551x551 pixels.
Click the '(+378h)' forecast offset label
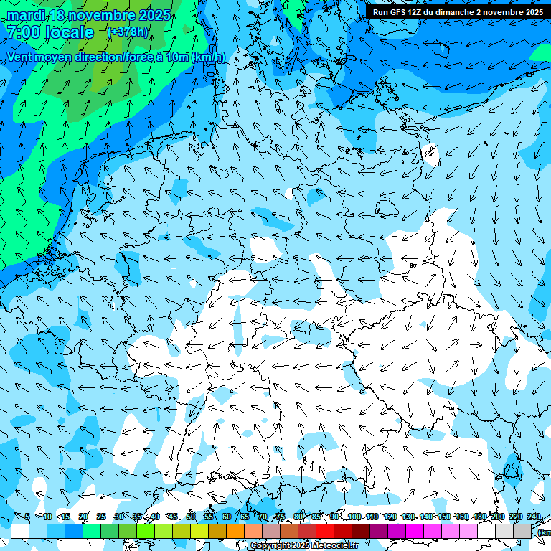pyautogui.click(x=128, y=32)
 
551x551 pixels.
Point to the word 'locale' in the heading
pyautogui.click(x=69, y=32)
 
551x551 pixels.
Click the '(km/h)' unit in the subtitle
pyautogui.click(x=208, y=57)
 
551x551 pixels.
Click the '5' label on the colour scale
pyautogui.click(x=27, y=517)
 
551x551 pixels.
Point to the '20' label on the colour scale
pyautogui.click(x=83, y=517)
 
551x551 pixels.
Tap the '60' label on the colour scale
pyautogui.click(x=227, y=517)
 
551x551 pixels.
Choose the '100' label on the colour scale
pyautogui.click(x=354, y=517)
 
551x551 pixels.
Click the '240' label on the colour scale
pyautogui.click(x=533, y=517)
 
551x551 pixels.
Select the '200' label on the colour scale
pyautogui.click(x=497, y=517)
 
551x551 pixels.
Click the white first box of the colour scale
pyautogui.click(x=20, y=531)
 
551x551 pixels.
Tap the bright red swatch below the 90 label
pyautogui.click(x=325, y=531)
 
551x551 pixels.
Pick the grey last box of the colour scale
pyautogui.click(x=522, y=531)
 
